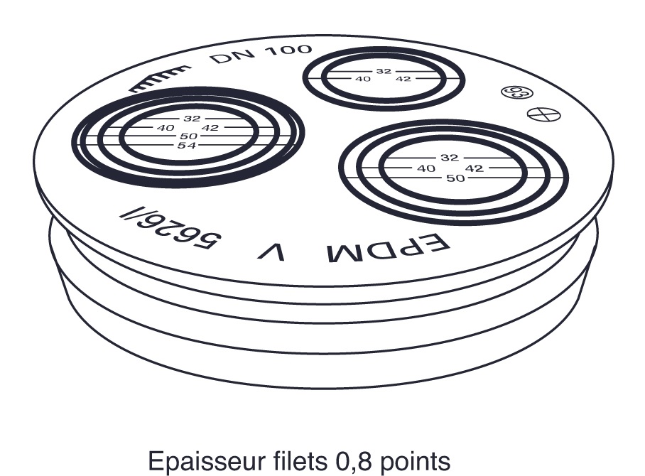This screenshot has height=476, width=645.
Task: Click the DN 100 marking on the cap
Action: coord(261,55)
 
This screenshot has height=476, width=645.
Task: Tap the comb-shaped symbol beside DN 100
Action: coord(160,80)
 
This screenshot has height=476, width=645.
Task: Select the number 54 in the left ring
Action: coord(188,145)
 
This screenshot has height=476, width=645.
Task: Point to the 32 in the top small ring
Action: coord(384,71)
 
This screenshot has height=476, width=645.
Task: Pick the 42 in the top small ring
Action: coord(403,79)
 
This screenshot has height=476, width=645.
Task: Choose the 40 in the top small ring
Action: coord(363,79)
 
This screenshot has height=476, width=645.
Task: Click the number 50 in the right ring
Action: coord(455,178)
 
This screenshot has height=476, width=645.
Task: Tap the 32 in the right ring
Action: coord(450,157)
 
